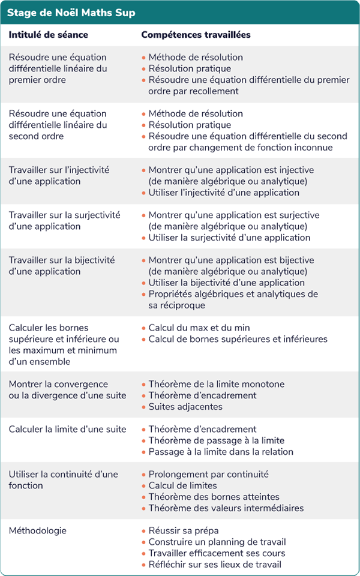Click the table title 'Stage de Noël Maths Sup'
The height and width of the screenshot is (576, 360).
click(x=71, y=12)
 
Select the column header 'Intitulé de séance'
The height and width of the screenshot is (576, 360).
click(x=48, y=35)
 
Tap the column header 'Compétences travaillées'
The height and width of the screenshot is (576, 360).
click(x=196, y=35)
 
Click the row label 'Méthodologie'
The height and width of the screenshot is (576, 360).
click(x=37, y=530)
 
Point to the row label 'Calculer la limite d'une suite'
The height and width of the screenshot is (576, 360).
click(x=67, y=429)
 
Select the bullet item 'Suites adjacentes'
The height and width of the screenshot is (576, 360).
click(x=185, y=407)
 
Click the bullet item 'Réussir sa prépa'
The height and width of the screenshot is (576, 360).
click(x=184, y=530)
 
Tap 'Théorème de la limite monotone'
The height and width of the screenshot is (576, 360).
click(x=217, y=384)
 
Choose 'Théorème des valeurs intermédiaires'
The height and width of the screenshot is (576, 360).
click(x=226, y=508)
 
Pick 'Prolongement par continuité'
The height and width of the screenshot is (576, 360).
click(x=209, y=474)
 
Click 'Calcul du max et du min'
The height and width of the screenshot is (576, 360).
click(x=199, y=328)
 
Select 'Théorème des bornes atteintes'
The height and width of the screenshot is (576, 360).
click(x=214, y=497)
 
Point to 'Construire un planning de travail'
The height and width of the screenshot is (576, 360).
click(x=217, y=542)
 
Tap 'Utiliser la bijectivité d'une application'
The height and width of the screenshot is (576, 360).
click(x=227, y=283)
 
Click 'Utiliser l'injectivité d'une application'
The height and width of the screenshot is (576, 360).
click(x=224, y=193)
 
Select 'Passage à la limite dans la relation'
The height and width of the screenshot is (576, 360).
click(x=221, y=452)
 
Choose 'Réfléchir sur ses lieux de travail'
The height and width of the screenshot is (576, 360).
click(x=215, y=565)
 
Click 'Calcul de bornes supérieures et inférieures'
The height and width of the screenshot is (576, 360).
click(x=238, y=339)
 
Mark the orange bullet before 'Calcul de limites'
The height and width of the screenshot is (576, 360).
click(x=143, y=486)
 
